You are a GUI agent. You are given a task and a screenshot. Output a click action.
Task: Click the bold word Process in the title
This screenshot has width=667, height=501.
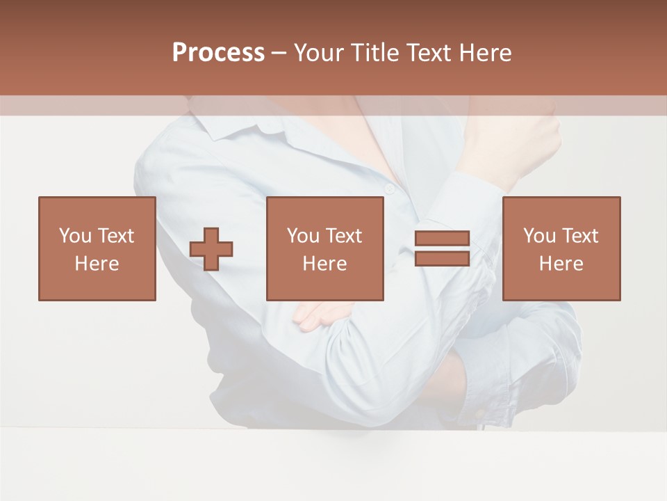(x=218, y=53)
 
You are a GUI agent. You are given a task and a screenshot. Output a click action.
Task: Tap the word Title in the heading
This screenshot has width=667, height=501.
(x=376, y=53)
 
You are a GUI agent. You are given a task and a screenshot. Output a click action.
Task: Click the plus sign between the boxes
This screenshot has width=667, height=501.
(x=211, y=248)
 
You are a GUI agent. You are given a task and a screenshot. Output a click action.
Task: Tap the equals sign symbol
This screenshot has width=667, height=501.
(x=442, y=248)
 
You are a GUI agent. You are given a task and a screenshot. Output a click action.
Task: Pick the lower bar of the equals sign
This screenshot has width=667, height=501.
(x=442, y=258)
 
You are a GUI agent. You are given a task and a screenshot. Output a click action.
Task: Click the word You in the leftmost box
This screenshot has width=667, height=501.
(x=74, y=236)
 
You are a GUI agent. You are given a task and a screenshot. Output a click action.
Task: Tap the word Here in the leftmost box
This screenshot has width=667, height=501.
(x=97, y=264)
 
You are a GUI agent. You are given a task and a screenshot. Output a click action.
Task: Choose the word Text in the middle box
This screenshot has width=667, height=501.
(x=343, y=236)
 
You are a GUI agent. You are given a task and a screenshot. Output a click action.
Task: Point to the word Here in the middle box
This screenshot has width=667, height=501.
(x=324, y=264)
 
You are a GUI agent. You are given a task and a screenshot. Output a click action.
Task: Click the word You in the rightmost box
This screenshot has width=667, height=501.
(x=539, y=236)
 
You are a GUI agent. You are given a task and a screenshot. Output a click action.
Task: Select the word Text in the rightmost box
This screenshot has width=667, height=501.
(x=579, y=236)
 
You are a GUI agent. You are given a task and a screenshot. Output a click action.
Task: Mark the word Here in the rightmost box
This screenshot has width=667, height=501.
(x=561, y=264)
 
